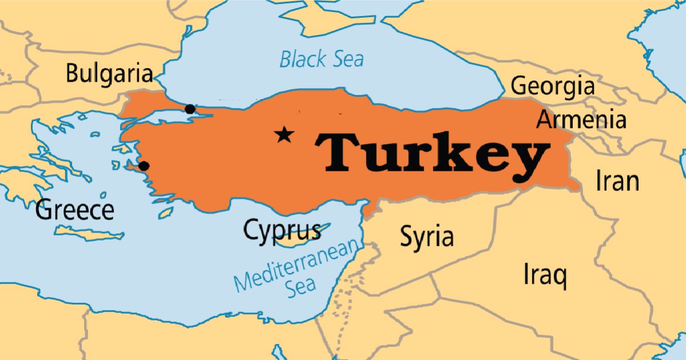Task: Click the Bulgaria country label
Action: point(109,74)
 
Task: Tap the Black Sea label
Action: point(321,59)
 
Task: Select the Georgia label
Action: point(552,86)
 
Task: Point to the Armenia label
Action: point(581,121)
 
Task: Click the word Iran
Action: point(617,181)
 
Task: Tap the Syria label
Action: point(426,236)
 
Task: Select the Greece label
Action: point(74,210)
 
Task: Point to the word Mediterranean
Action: point(298,265)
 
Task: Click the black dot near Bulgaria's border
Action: point(190,109)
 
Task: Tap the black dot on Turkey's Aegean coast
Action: point(144,166)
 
